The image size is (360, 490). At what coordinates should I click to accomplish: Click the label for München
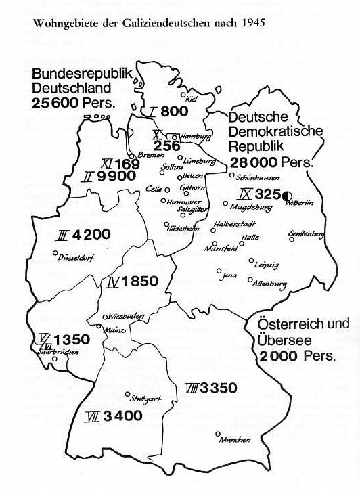pyautogui.click(x=235, y=440)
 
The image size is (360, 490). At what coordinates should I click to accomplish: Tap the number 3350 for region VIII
pyautogui.click(x=219, y=388)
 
